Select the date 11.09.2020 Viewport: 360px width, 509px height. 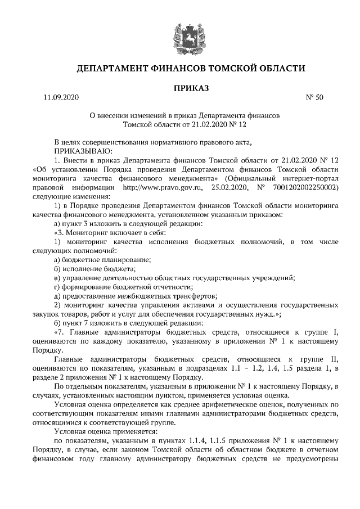(x=61, y=98)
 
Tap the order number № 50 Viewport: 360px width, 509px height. (x=314, y=98)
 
